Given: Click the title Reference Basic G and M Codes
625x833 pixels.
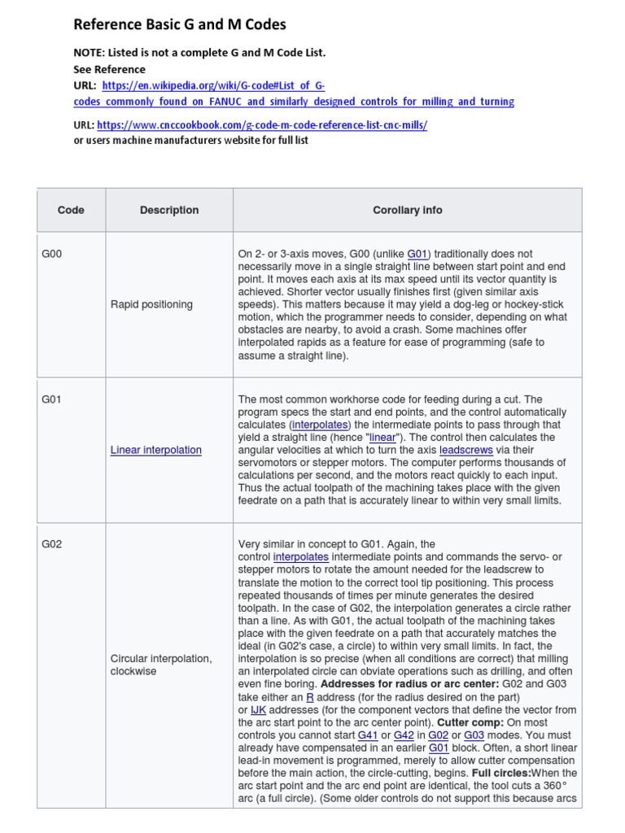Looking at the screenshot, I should point(180,24).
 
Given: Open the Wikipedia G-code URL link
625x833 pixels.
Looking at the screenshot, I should point(213,85).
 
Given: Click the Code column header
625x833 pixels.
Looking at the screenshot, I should point(71,210).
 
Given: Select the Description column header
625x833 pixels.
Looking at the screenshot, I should point(169,210).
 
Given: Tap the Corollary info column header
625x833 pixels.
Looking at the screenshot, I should point(407,210).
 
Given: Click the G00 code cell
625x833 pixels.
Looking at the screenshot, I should point(52,254).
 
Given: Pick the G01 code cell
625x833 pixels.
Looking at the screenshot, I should point(52,399).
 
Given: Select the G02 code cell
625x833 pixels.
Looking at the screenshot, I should point(52,544).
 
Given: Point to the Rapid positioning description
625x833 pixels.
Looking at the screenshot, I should point(151,304).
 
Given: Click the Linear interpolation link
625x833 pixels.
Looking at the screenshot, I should point(156,450).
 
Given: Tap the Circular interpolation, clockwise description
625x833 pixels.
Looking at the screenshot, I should point(161,665).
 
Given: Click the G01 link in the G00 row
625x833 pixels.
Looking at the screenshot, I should point(417,254).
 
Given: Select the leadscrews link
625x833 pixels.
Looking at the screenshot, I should point(464,450).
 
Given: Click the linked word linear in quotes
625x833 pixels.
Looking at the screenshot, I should point(382,438).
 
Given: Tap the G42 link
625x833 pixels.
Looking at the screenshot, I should point(404,735).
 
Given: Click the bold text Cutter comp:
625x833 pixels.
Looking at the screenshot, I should point(470,722).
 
